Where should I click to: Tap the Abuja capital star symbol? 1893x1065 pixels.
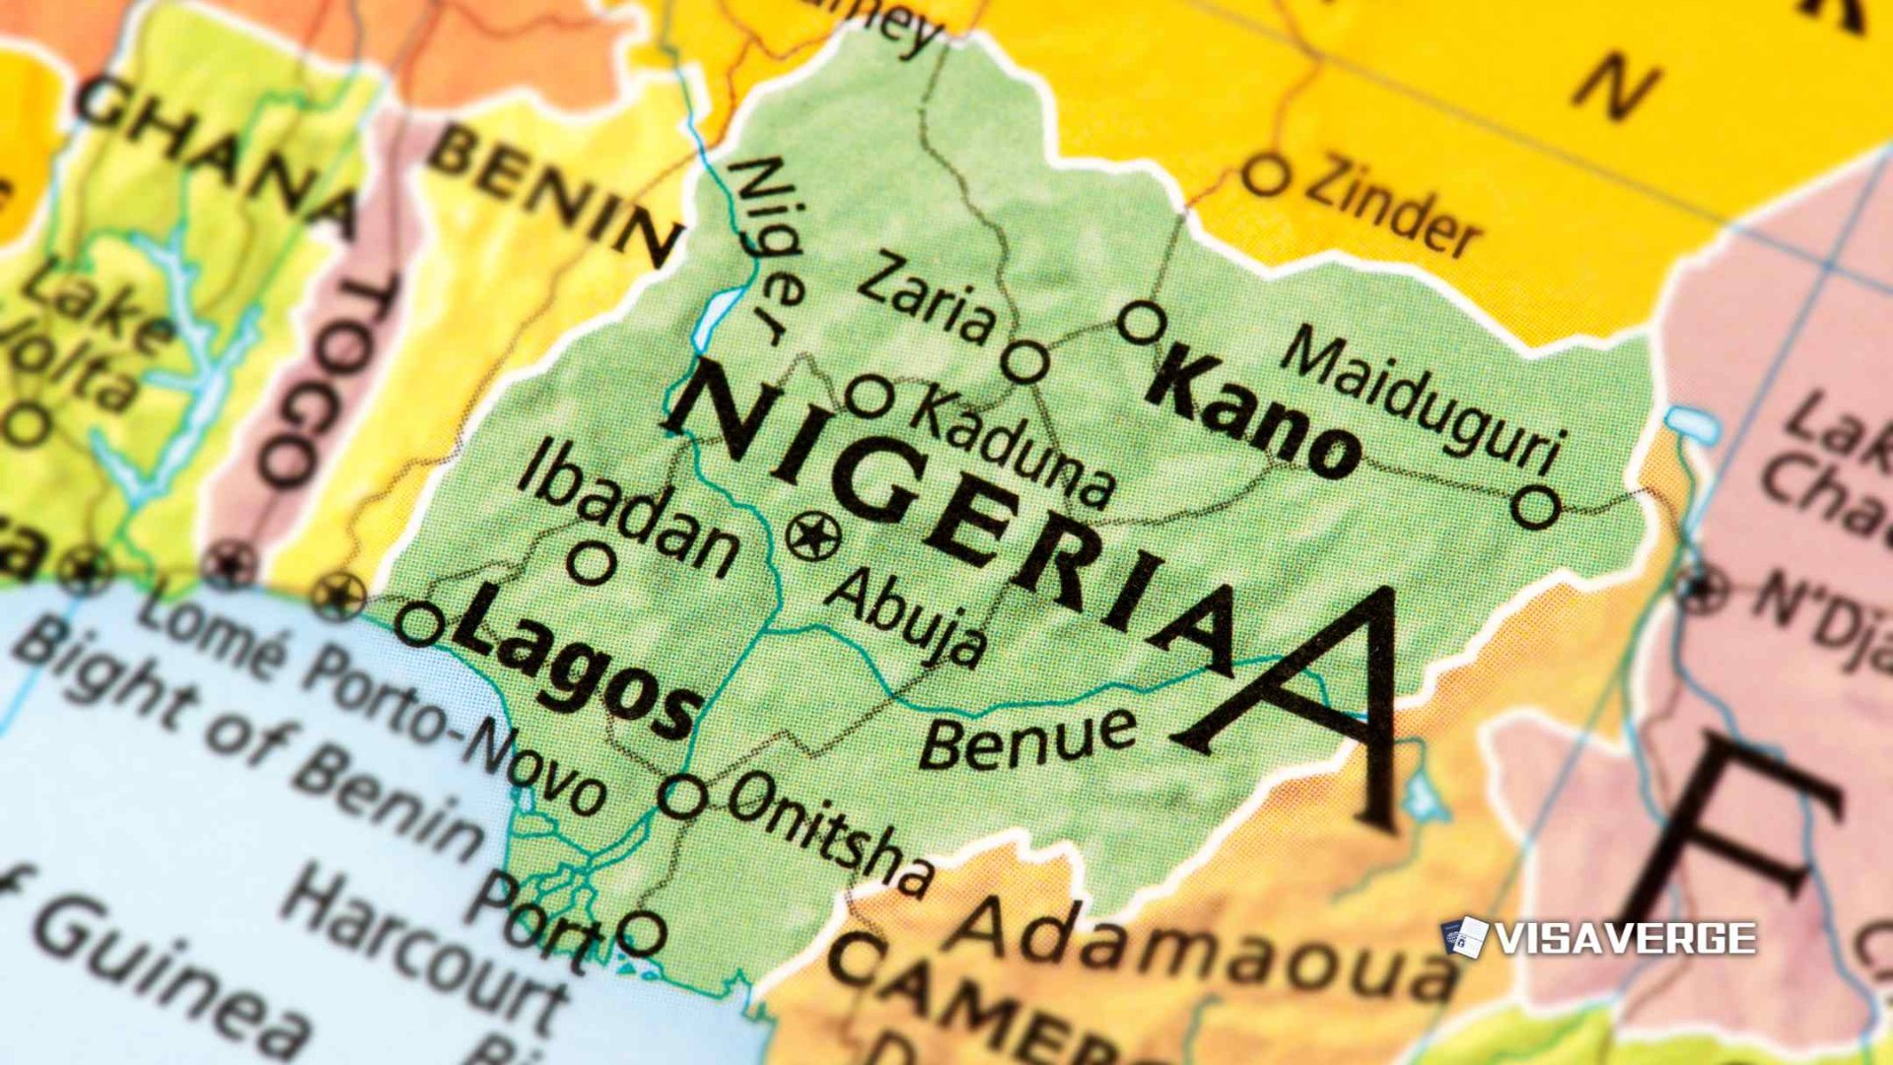pyautogui.click(x=814, y=536)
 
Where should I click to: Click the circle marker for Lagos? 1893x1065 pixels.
pyautogui.click(x=420, y=624)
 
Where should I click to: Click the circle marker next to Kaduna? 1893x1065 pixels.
pyautogui.click(x=870, y=397)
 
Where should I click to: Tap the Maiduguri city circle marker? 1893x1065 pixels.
pyautogui.click(x=1535, y=508)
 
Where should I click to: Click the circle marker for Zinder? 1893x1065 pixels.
pyautogui.click(x=1265, y=176)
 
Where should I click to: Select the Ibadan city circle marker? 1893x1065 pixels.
pyautogui.click(x=592, y=564)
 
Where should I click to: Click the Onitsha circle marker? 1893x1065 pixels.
pyautogui.click(x=683, y=795)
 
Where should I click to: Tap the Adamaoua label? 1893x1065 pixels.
pyautogui.click(x=1203, y=947)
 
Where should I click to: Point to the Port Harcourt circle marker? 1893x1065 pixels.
pyautogui.click(x=642, y=931)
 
